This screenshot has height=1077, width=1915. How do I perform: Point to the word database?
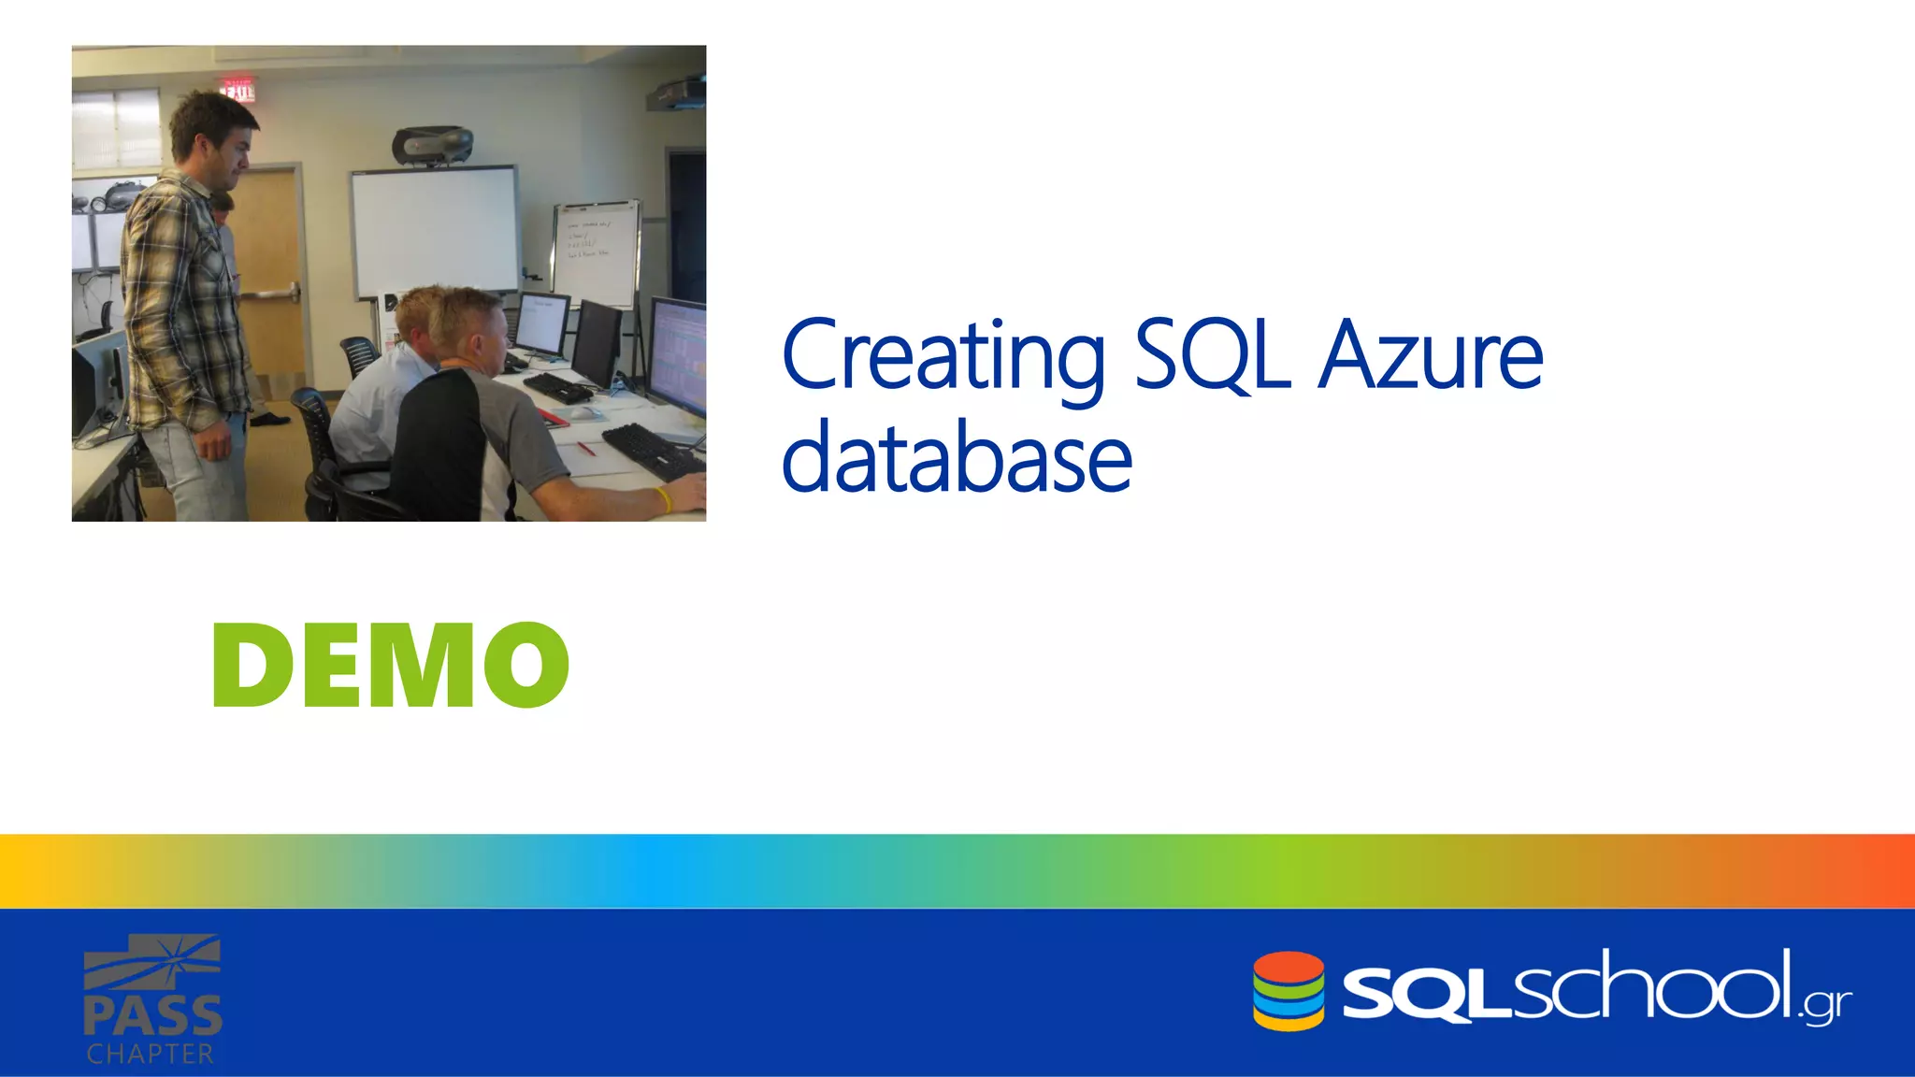coord(956,458)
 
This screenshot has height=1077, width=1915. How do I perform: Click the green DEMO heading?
coord(391,666)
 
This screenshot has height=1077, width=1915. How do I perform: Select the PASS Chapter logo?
coord(152,998)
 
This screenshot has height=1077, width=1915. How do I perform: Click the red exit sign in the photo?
coord(237,90)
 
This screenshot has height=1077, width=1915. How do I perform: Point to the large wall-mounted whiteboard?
coord(434,230)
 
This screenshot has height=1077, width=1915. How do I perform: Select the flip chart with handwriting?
coord(596,251)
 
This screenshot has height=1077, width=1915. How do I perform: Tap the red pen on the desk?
coord(585,448)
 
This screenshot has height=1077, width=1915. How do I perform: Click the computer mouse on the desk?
coord(582,412)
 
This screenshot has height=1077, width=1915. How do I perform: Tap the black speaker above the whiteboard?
coord(432,145)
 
